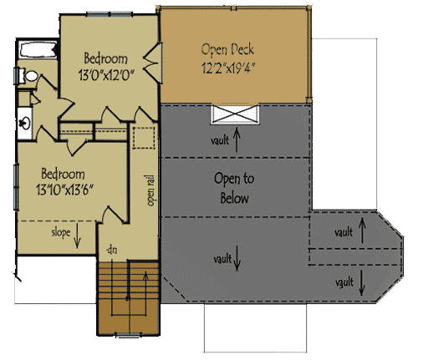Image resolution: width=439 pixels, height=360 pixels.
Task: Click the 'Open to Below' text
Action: point(235,189)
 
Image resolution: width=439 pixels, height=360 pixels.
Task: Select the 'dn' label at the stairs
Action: point(109,249)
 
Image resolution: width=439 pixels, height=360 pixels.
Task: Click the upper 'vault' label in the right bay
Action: point(344,231)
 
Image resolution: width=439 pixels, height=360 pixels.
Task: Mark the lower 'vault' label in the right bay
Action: point(344,281)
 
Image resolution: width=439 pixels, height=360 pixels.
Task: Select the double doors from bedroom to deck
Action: point(151,61)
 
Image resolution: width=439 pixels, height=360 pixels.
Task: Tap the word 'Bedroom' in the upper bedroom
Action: point(105,58)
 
